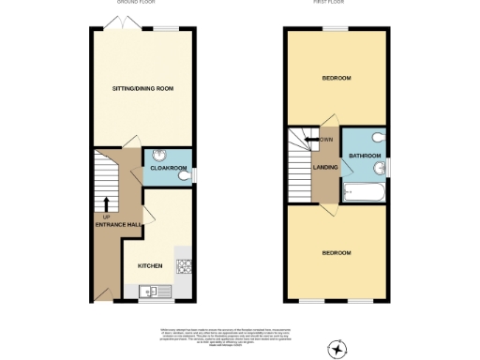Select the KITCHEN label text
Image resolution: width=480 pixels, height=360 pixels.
click(150, 265)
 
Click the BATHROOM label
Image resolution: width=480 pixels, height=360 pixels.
click(365, 155)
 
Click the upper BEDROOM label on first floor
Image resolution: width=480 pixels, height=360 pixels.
click(336, 78)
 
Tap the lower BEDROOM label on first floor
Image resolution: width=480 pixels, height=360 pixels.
click(336, 252)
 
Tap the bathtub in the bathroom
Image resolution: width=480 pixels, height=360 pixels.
click(361, 194)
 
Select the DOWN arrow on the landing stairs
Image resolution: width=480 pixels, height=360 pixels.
click(311, 140)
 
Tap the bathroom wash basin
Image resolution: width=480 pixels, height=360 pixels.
click(379, 169)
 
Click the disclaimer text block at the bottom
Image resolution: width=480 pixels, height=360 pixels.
click(239, 333)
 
